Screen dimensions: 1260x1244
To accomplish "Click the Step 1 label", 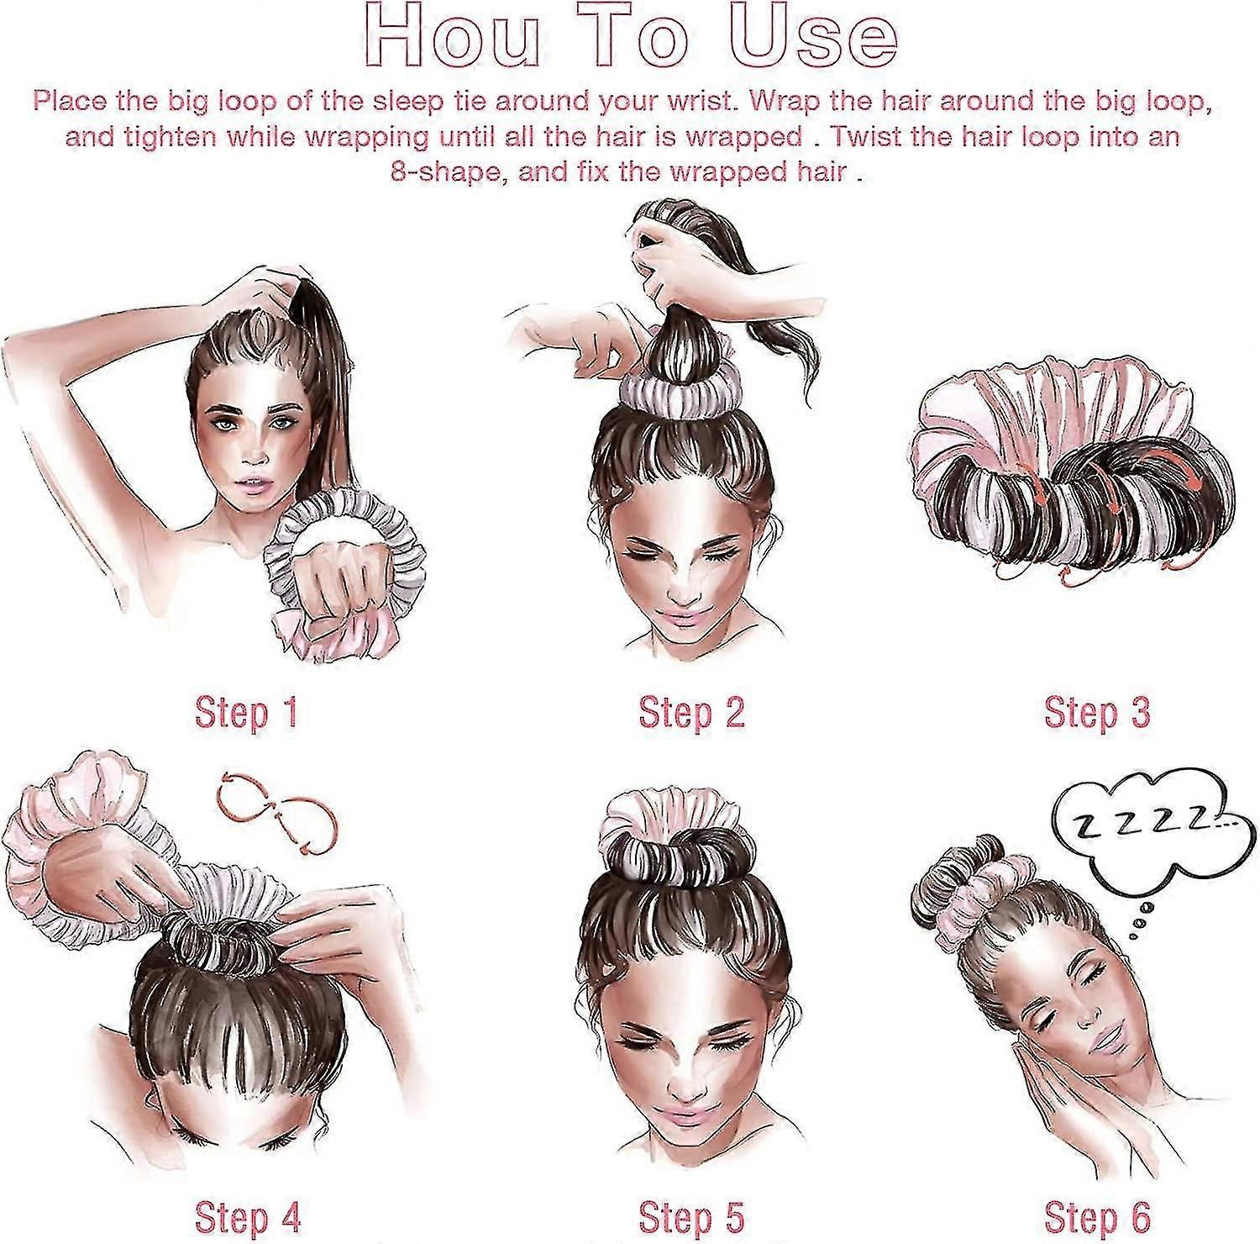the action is click(246, 713).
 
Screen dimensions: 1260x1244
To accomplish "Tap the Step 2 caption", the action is click(692, 713).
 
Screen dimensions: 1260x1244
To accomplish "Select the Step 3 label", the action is click(1096, 713).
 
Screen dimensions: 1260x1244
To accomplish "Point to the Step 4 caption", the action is click(247, 1215).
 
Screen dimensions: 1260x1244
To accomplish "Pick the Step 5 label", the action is click(692, 1215).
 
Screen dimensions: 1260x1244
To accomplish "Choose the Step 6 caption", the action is click(1096, 1215).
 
